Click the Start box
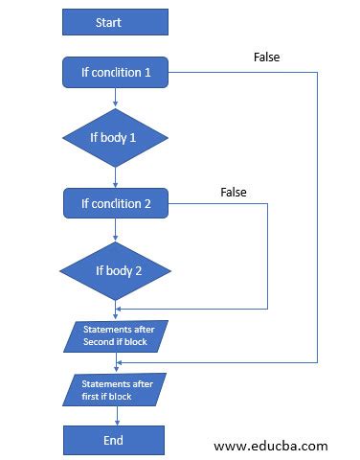pyautogui.click(x=115, y=21)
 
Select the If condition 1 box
pyautogui.click(x=115, y=71)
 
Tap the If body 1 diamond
pyautogui.click(x=115, y=137)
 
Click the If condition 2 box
pyautogui.click(x=115, y=203)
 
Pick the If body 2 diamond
pyautogui.click(x=115, y=270)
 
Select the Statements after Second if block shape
pyautogui.click(x=115, y=335)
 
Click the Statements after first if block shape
pyautogui.click(x=115, y=387)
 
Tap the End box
pyautogui.click(x=115, y=440)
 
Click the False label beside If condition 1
pyautogui.click(x=267, y=57)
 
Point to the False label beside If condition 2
pyautogui.click(x=234, y=192)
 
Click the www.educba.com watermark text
pyautogui.click(x=270, y=446)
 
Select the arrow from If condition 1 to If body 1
pyautogui.click(x=115, y=94)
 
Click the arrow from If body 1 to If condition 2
pyautogui.click(x=115, y=177)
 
